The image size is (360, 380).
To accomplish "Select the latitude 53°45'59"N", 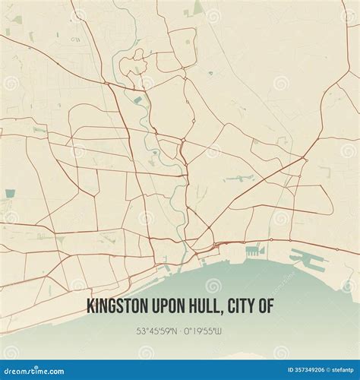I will pyautogui.click(x=157, y=331).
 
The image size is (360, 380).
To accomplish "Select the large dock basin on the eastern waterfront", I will pyautogui.click(x=308, y=259).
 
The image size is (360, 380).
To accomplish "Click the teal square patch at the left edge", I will pyautogui.click(x=9, y=194).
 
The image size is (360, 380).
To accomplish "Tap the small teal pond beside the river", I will pyautogui.click(x=137, y=100).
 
